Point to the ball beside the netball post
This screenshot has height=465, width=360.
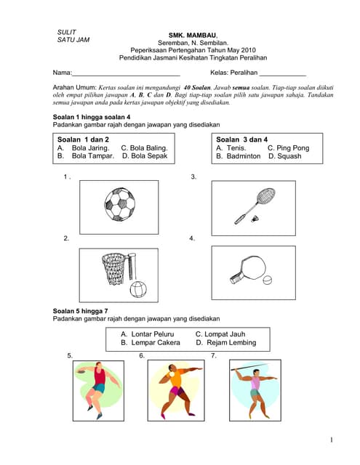coord(139,289)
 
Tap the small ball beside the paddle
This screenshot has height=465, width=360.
coord(268,280)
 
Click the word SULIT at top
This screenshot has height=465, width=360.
coord(66,32)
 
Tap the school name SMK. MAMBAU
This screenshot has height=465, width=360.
coord(193,35)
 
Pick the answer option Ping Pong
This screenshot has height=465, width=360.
coord(288,147)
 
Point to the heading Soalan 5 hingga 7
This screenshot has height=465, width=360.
coord(81,311)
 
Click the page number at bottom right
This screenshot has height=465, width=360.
coord(331,440)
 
